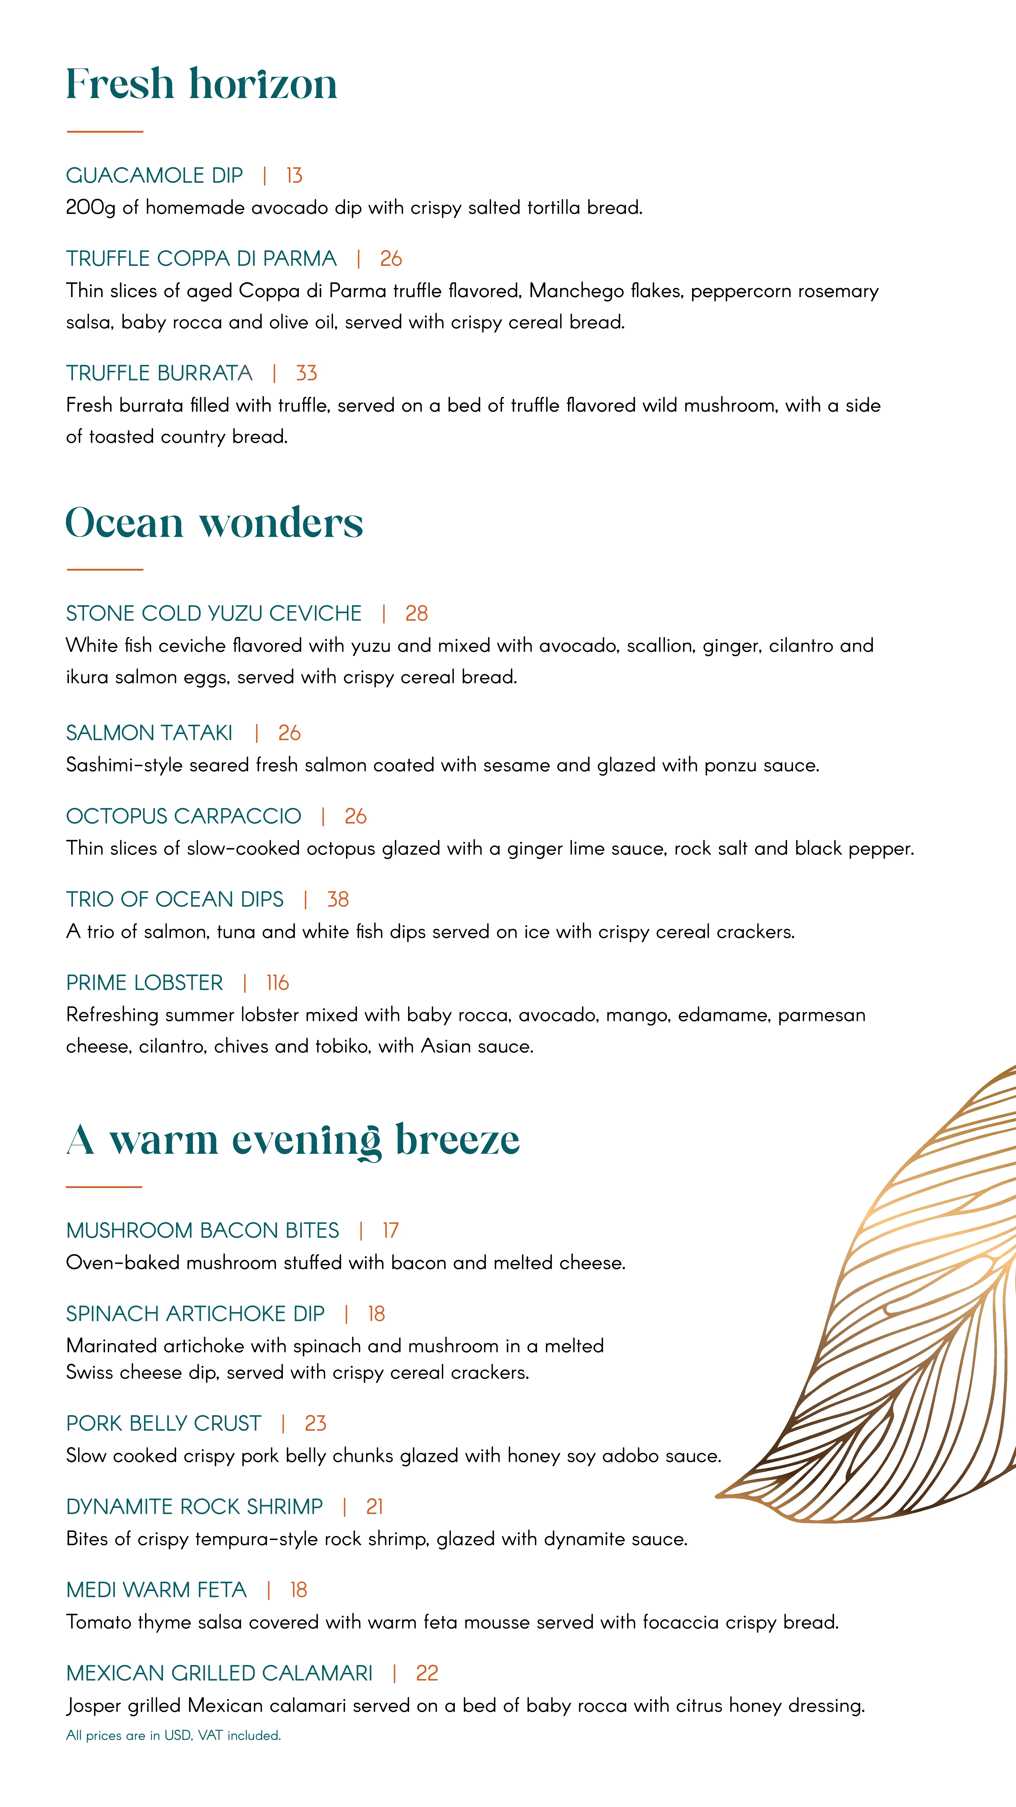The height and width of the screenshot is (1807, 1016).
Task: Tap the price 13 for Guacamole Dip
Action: click(294, 175)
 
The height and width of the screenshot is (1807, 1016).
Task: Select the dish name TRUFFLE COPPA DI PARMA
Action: click(201, 259)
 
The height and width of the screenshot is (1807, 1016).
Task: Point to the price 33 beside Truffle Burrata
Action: click(306, 373)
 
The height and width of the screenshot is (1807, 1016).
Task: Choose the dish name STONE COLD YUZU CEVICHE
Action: click(214, 614)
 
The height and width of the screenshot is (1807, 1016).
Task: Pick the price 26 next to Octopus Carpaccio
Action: click(356, 817)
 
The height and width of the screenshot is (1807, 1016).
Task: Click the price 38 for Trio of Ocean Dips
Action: click(338, 899)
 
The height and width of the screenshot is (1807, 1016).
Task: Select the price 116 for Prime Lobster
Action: click(278, 983)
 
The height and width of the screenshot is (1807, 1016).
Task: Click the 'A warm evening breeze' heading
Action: click(293, 1140)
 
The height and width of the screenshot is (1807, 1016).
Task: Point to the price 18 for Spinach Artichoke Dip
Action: click(377, 1314)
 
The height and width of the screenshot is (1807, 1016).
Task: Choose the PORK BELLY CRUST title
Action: click(163, 1423)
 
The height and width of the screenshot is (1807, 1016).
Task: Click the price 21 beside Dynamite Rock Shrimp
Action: click(374, 1507)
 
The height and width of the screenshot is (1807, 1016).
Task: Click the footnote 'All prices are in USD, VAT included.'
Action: click(173, 1735)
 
